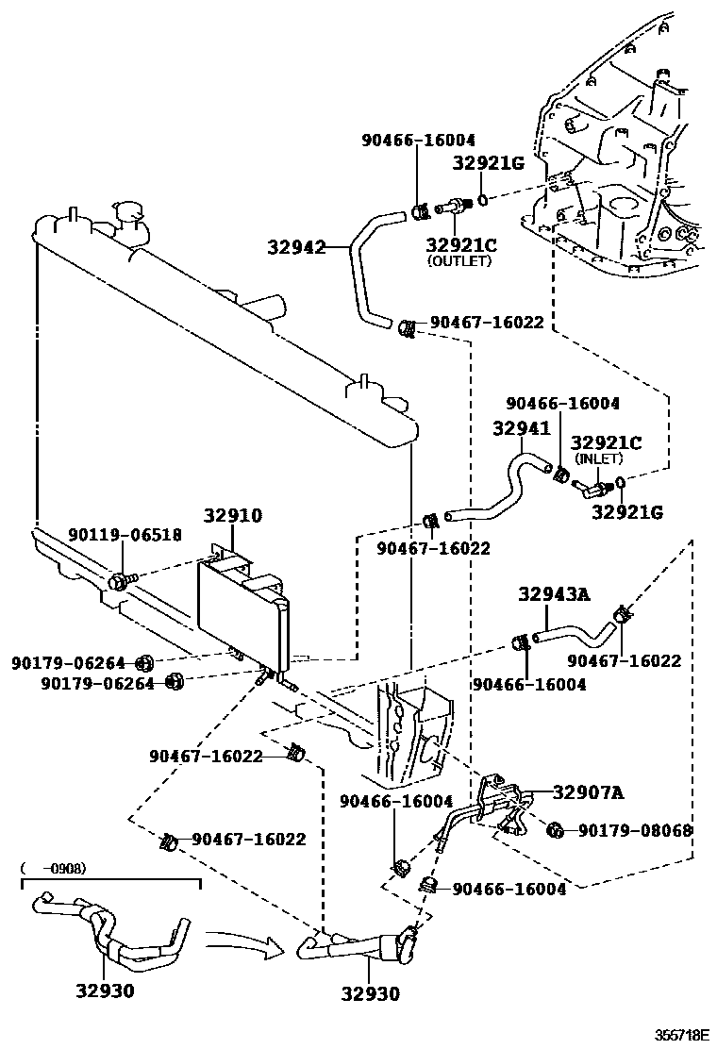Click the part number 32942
pyautogui.click(x=295, y=249)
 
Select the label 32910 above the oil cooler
pyautogui.click(x=233, y=516)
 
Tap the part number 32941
pyautogui.click(x=521, y=428)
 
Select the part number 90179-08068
pyautogui.click(x=635, y=831)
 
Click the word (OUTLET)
pyautogui.click(x=459, y=261)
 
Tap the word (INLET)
pyautogui.click(x=599, y=458)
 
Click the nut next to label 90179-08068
pyautogui.click(x=556, y=830)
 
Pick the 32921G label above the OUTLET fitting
pyautogui.click(x=487, y=162)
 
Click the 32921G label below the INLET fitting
pyautogui.click(x=627, y=512)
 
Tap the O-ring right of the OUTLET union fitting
pyautogui.click(x=482, y=200)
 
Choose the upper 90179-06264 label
pyautogui.click(x=71, y=663)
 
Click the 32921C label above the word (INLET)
pyautogui.click(x=606, y=442)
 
